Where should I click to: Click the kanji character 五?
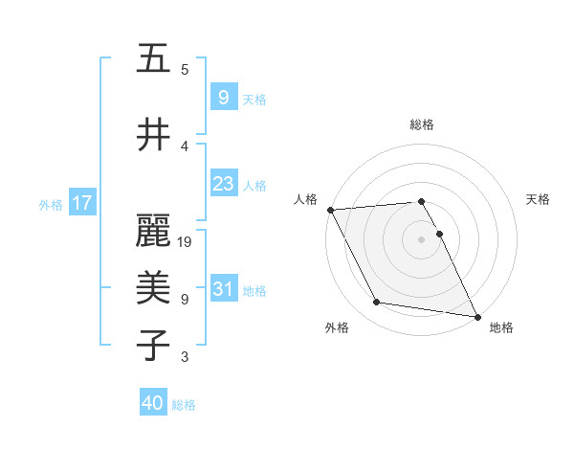153,58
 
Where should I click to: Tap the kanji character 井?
153,135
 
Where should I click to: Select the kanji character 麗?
153,231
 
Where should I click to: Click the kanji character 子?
153,344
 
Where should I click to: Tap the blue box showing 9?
223,97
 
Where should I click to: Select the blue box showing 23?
223,184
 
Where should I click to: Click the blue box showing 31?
223,289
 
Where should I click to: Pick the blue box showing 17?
82,203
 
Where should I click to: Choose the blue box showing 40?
153,403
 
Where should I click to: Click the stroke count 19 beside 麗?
186,242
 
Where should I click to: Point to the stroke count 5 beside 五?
185,70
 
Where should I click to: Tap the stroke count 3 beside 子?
185,357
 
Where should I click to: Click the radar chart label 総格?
422,124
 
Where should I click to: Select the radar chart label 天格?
538,199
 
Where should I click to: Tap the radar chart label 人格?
305,199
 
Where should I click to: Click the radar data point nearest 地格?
476,315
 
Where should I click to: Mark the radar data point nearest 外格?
376,303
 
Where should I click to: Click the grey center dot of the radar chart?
422,239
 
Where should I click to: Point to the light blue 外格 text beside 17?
51,204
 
